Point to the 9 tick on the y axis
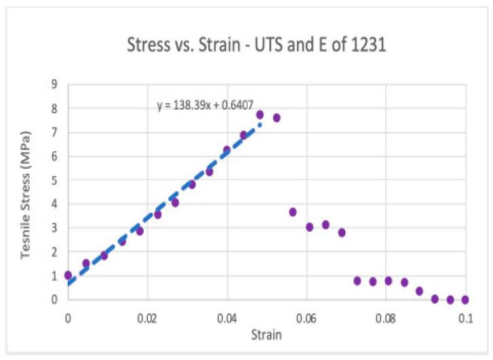coord(54,84)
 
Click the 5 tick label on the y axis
coord(54,180)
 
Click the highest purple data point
coord(260,115)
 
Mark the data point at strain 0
coord(68,275)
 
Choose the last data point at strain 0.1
coord(465,299)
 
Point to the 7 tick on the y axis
coord(54,132)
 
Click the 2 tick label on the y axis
coord(54,252)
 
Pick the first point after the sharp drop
coord(292,212)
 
